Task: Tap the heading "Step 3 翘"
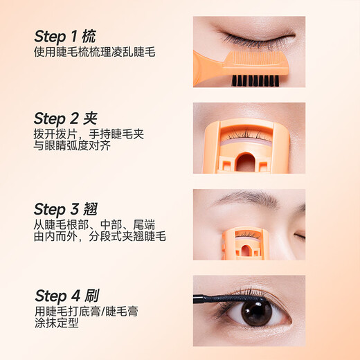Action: [65, 208]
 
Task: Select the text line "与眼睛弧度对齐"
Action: [72, 146]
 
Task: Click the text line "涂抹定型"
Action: [56, 323]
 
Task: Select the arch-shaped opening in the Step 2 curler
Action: [245, 162]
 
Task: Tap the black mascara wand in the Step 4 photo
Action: [249, 297]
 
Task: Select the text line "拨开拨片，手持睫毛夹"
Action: [92, 134]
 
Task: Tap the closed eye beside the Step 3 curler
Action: [300, 237]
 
